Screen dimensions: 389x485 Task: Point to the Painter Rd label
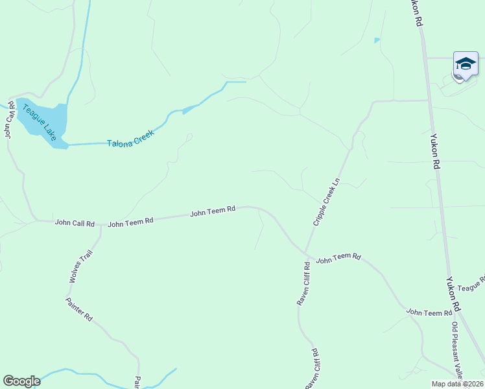click(79, 310)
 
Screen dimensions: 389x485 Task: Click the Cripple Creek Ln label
click(326, 202)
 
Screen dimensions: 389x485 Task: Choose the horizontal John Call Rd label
click(75, 222)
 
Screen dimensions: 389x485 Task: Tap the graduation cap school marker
click(466, 64)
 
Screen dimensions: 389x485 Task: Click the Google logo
click(21, 381)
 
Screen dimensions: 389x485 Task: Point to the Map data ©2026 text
click(456, 384)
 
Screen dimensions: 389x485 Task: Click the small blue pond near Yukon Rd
click(377, 40)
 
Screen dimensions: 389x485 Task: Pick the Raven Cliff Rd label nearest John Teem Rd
click(303, 283)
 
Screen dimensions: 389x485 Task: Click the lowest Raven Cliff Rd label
click(312, 370)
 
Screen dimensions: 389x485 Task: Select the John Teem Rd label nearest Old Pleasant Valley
click(429, 312)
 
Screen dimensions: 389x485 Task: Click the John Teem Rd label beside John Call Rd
click(130, 222)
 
